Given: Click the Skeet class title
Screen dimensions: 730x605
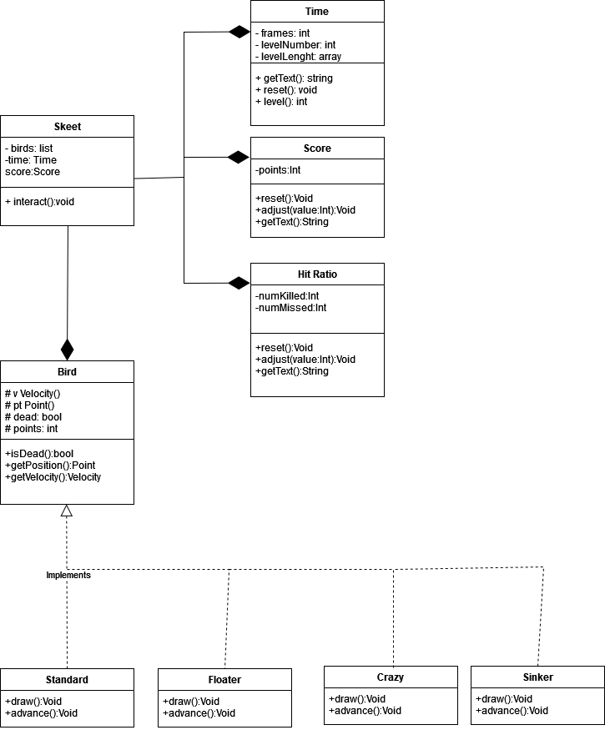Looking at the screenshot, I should [x=67, y=127].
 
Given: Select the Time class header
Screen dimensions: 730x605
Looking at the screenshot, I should [x=317, y=12].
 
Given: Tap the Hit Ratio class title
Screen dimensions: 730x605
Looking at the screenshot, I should [x=317, y=274].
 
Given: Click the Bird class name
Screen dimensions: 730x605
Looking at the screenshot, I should [x=67, y=371].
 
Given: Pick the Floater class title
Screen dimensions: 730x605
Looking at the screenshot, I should [x=224, y=679].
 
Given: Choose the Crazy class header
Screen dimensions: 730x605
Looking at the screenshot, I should [x=391, y=677].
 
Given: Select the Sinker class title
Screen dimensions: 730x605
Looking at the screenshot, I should [x=537, y=677].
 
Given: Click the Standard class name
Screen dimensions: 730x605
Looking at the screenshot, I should [x=67, y=679].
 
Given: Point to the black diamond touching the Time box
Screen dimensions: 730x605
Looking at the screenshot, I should [x=239, y=32].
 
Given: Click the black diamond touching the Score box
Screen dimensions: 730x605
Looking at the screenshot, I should [x=239, y=157].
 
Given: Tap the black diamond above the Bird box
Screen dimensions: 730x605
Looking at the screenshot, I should [x=67, y=349].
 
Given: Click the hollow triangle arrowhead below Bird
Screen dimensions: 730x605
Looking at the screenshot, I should [x=67, y=510].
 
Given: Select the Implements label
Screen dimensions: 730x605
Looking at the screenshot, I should [x=68, y=575].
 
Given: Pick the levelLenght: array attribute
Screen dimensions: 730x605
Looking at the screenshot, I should [x=298, y=57].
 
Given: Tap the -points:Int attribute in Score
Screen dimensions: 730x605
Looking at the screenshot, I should [x=278, y=170].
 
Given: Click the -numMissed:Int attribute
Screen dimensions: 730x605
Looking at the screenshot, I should [x=291, y=308].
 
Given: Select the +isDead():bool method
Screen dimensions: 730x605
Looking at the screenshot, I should [x=39, y=453].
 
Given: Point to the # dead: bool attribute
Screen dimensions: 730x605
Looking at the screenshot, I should [x=33, y=417].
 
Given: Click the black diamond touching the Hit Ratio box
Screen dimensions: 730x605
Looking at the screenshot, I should [x=239, y=283].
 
